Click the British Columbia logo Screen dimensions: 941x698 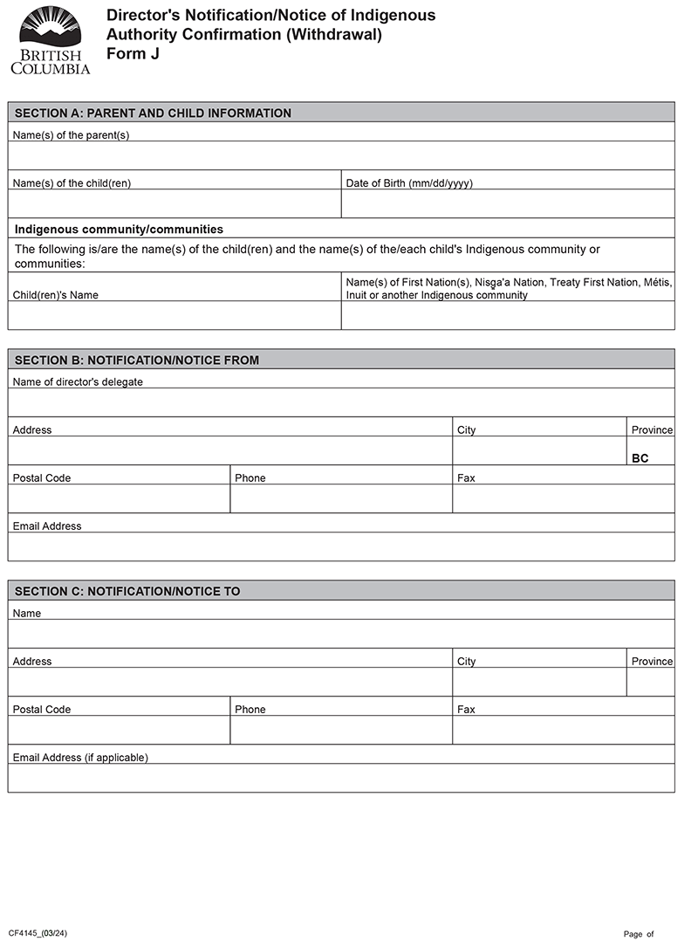tap(50, 40)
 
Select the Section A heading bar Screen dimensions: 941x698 tap(341, 113)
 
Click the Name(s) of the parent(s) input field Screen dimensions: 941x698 tap(341, 155)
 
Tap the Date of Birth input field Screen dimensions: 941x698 tap(507, 203)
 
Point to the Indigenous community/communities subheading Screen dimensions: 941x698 tap(120, 230)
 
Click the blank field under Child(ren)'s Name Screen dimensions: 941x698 tap(174, 315)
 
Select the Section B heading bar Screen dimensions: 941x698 tap(341, 360)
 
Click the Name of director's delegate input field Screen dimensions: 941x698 tap(341, 402)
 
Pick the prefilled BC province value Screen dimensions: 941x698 tap(640, 458)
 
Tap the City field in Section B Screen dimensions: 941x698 tap(538, 450)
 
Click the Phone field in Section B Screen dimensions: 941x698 tap(340, 498)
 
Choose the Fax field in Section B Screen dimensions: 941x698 tap(563, 498)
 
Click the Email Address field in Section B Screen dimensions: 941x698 tap(341, 546)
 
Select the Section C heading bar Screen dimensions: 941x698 tap(341, 591)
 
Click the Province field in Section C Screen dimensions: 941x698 tap(650, 682)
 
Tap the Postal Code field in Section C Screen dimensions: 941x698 tap(119, 730)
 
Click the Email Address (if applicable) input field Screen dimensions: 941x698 tap(341, 778)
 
